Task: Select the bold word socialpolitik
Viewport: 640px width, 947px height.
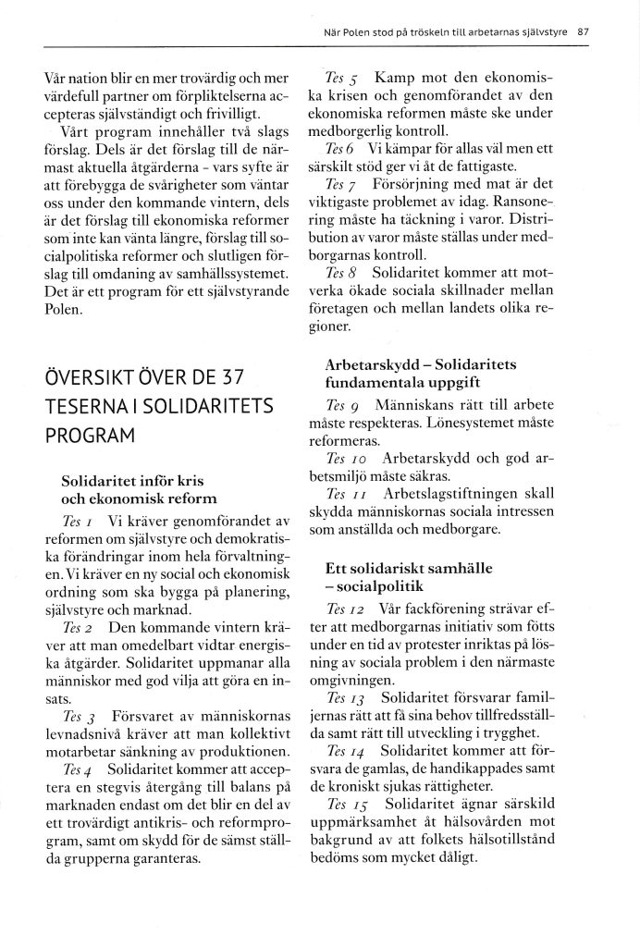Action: tap(378, 586)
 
